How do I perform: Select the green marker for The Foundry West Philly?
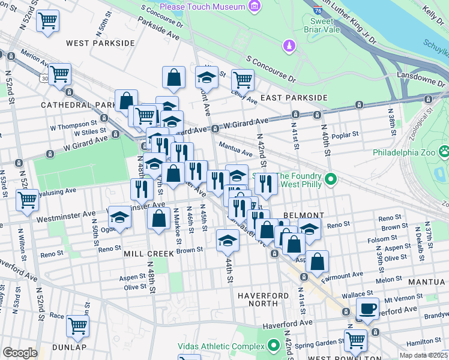coord(330,179)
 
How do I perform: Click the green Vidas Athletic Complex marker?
coord(274,346)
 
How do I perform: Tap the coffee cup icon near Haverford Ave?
coord(367,309)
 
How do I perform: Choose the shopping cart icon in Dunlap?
coord(77,326)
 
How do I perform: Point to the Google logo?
coord(20,353)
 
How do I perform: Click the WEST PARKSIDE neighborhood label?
coord(100,43)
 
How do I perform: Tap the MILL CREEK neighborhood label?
coord(148,254)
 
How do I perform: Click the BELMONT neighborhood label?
coord(304,215)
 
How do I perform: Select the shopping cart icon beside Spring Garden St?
coord(355,340)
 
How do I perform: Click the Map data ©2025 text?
coord(423,355)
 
